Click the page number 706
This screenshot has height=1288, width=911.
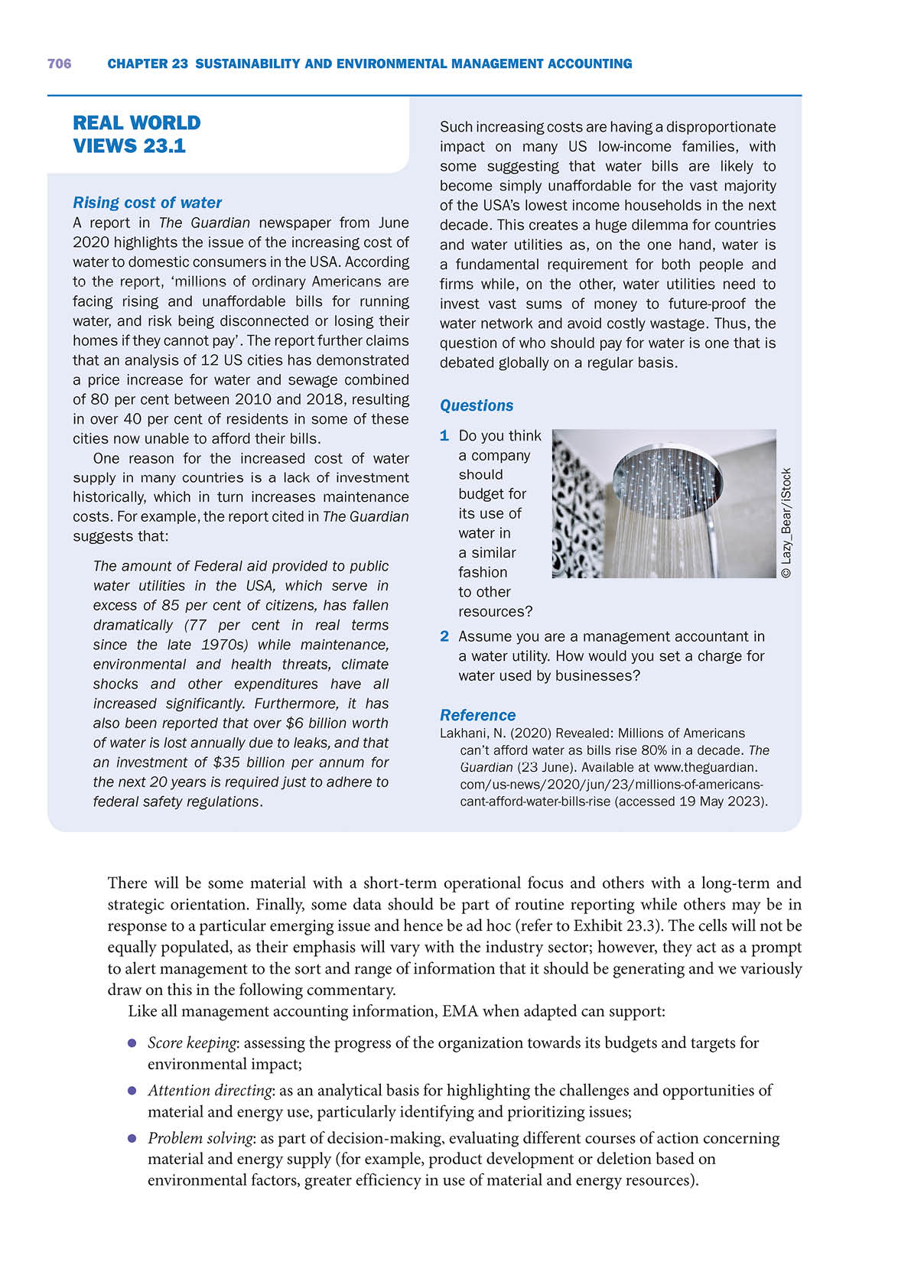point(59,64)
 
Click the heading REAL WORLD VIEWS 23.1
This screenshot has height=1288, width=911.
point(136,135)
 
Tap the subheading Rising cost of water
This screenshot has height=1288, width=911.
point(147,203)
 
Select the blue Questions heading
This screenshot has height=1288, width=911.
point(477,406)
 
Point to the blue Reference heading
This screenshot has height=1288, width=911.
point(477,716)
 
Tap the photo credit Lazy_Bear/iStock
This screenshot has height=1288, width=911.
point(786,522)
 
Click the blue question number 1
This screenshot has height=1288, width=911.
point(444,436)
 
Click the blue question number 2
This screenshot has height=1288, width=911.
point(444,636)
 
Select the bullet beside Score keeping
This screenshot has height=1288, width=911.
point(132,1043)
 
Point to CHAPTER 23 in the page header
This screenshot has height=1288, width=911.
point(148,64)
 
